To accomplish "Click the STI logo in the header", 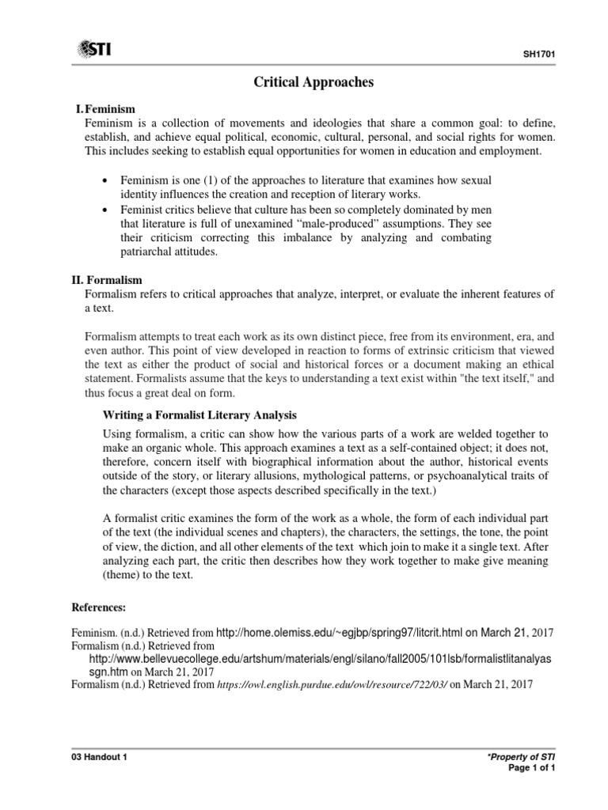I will [93, 50].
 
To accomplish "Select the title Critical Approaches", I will [304, 81].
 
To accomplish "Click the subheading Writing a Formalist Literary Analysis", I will [200, 414].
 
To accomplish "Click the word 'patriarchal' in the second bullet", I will [151, 252].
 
